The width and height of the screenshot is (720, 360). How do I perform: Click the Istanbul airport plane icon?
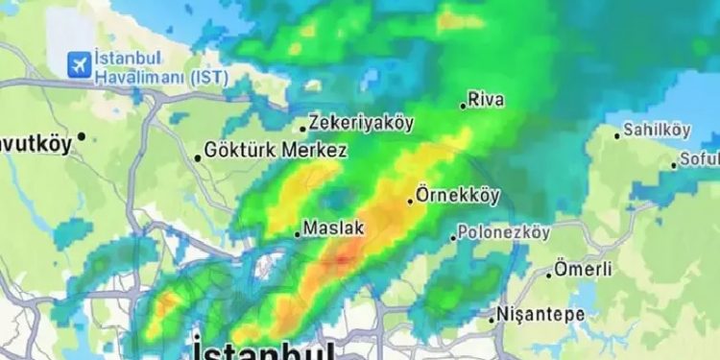[78, 63]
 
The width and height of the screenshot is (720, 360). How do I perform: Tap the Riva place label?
[487, 100]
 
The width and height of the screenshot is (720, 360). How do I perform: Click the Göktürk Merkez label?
[276, 152]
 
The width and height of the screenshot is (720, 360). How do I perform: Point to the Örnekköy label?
[460, 196]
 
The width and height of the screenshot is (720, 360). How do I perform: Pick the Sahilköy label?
[658, 129]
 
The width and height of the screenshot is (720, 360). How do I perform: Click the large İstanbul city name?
[263, 348]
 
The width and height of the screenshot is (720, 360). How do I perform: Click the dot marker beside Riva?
[463, 106]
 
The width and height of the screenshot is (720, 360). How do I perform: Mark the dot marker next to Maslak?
[298, 233]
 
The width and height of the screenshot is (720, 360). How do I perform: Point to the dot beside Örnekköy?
[411, 201]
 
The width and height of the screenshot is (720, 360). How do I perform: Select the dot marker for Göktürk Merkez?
[199, 157]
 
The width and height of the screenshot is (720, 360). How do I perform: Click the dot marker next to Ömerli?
[549, 275]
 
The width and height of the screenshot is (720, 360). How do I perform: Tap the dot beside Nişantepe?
[492, 318]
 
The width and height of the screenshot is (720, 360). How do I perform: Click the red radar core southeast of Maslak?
[345, 254]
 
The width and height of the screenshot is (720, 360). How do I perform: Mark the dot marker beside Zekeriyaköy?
[302, 128]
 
